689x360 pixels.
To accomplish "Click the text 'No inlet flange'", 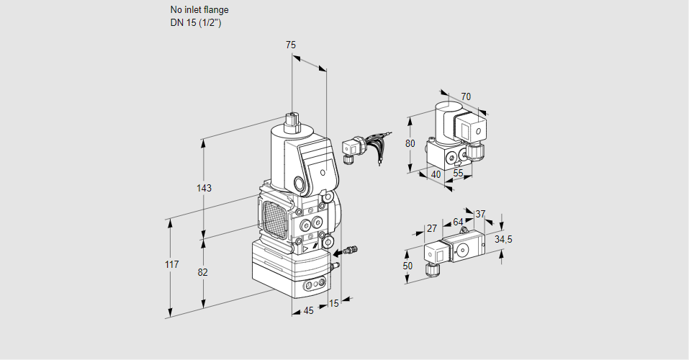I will coord(199,10).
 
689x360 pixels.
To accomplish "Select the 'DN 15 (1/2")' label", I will coord(194,22).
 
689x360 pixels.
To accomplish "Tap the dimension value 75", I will coord(291,45).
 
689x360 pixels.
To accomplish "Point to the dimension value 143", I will coord(204,188).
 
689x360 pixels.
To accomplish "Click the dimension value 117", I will coord(171,265).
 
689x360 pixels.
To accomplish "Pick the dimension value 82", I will coord(203,272).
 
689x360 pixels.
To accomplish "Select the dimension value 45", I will coord(308,310).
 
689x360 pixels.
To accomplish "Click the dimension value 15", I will coord(333,303).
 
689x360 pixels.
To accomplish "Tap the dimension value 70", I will coord(466,96).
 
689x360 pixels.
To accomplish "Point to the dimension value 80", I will coord(410,143).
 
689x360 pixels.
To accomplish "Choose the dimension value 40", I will coord(436,174).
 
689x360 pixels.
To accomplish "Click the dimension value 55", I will coord(459,174).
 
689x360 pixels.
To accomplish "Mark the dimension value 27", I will coord(431,228).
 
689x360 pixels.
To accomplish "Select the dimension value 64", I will coord(458,222).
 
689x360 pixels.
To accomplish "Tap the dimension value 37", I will coord(480,214).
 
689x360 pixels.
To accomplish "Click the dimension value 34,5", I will coord(503,239).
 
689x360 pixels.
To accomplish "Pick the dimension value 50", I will coord(408,266).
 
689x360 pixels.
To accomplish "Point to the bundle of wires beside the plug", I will coord(376,144).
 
